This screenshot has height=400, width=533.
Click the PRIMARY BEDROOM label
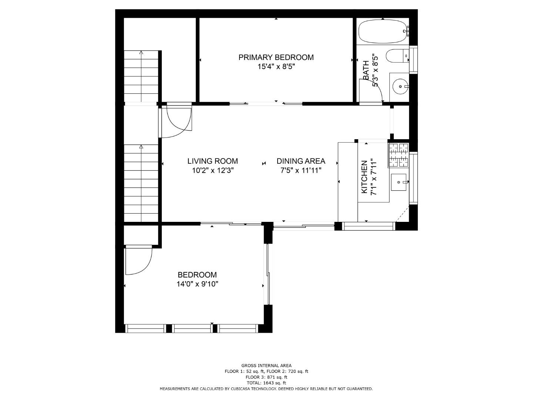point(276,57)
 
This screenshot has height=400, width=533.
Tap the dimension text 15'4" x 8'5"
point(276,66)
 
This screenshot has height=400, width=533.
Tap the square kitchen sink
point(399,182)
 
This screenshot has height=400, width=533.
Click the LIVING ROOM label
point(212,161)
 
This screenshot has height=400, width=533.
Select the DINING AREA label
point(301,161)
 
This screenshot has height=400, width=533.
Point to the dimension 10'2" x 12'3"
point(213,170)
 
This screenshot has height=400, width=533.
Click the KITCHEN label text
point(364,177)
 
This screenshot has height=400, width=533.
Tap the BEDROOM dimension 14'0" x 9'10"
point(197,284)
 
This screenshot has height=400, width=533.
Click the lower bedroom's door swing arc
point(145,267)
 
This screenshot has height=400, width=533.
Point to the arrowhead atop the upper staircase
point(141,52)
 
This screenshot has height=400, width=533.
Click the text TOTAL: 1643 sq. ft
point(266,383)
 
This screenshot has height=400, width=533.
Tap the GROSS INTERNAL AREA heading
point(266,366)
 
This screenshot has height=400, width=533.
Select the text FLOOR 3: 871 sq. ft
point(266,377)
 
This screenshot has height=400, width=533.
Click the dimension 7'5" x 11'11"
point(301,170)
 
